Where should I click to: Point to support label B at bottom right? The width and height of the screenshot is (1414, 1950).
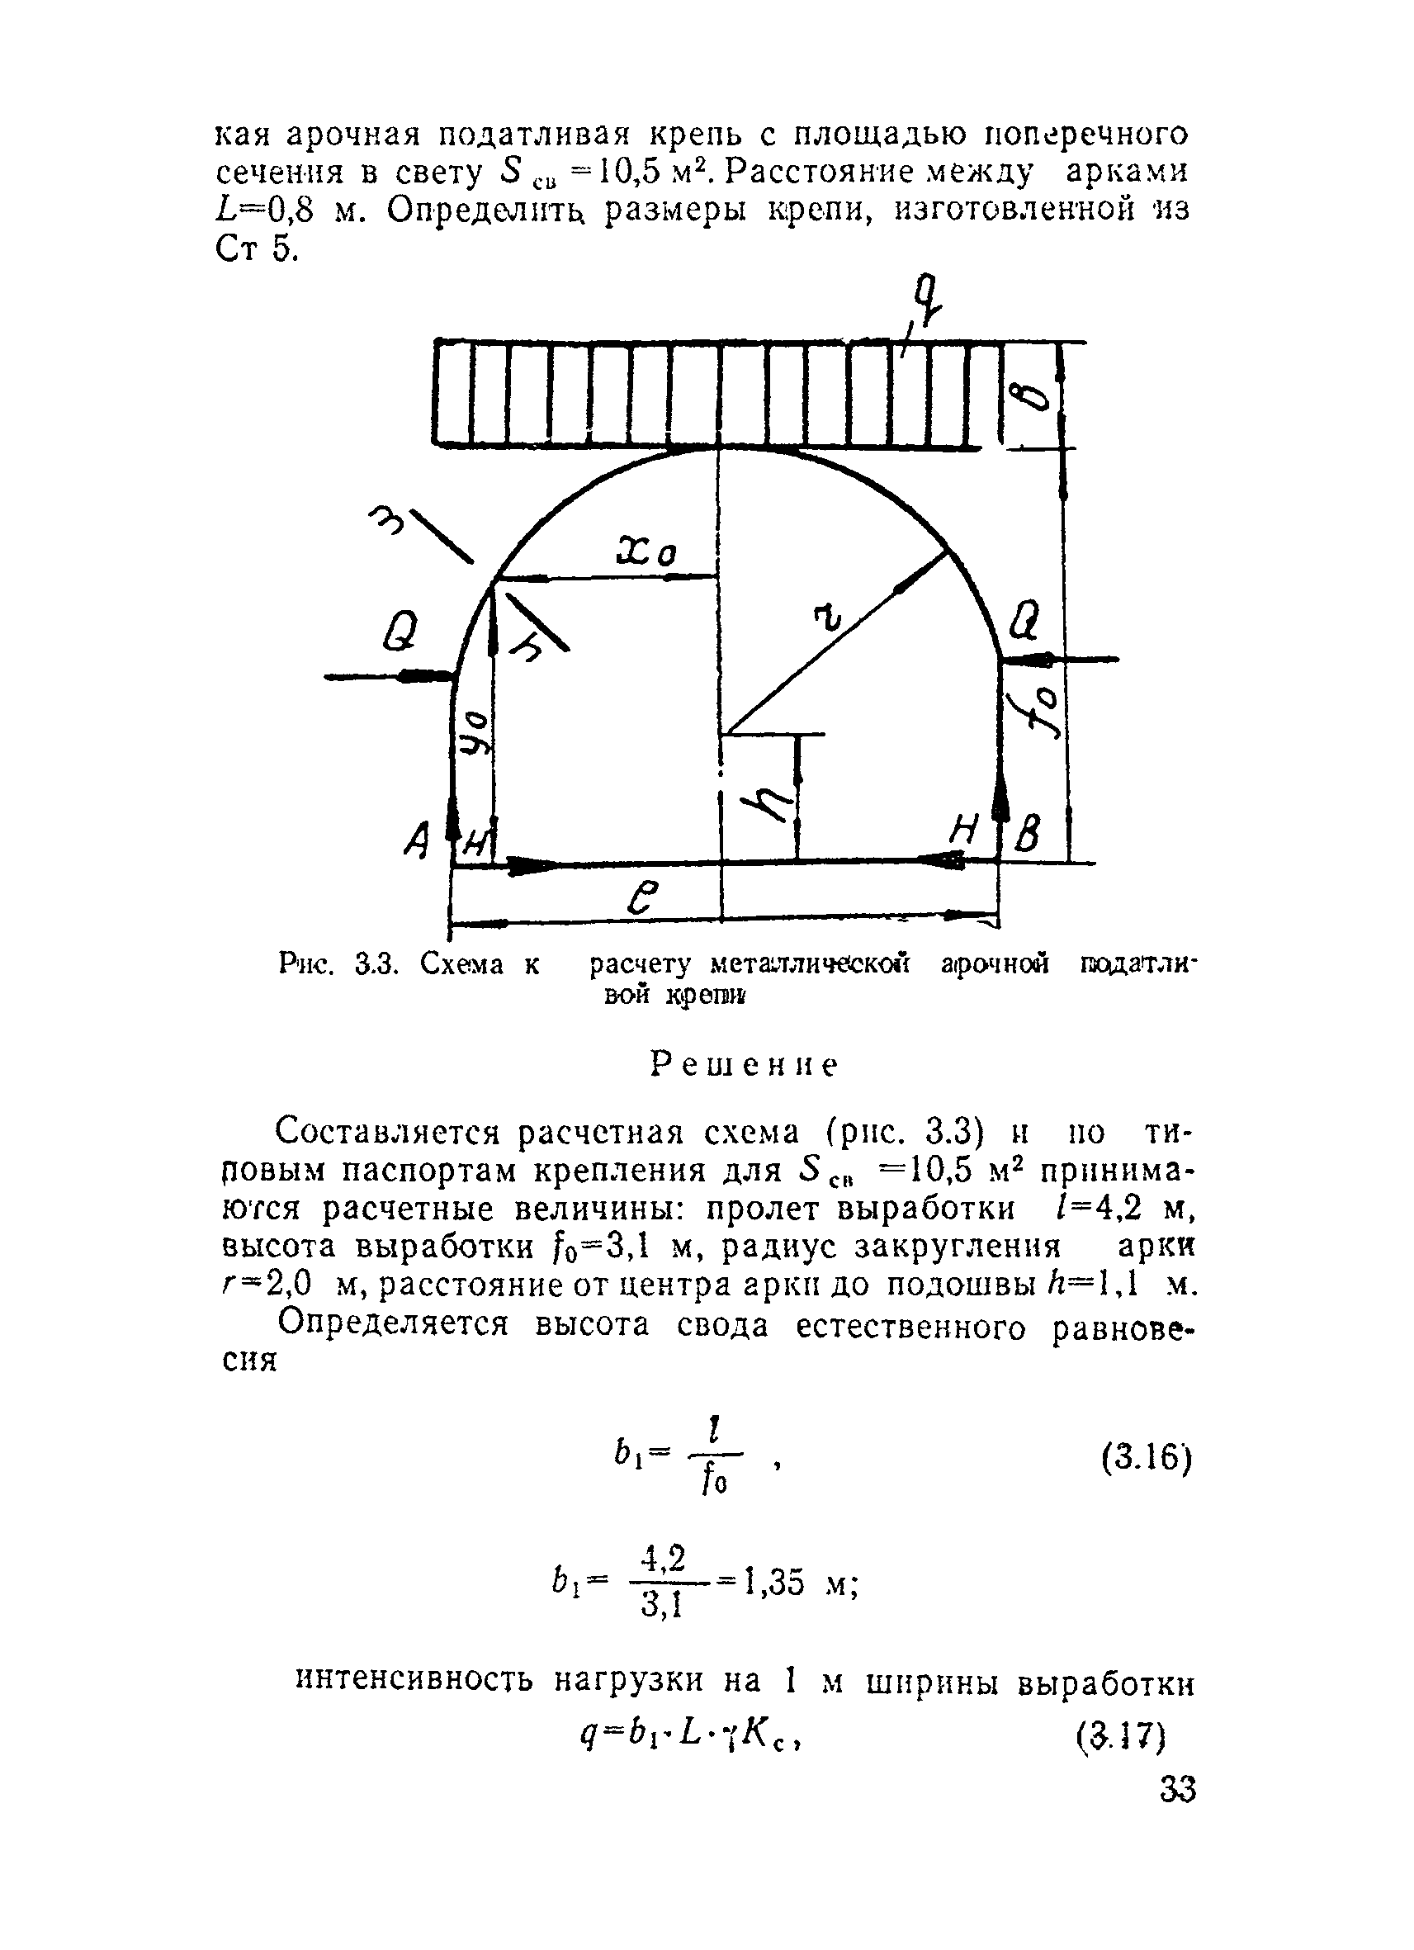[x=1028, y=832]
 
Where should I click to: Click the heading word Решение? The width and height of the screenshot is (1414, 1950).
[x=745, y=1065]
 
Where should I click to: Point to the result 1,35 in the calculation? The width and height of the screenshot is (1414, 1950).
[x=773, y=1581]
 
